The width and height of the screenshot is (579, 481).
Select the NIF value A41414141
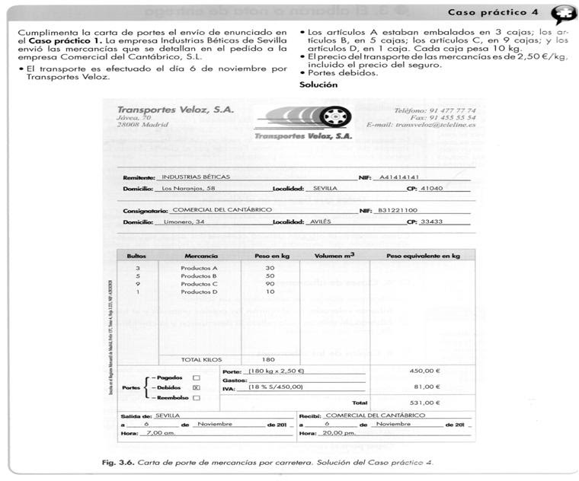point(399,176)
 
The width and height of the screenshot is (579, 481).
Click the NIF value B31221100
point(398,209)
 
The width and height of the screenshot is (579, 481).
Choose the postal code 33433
point(432,221)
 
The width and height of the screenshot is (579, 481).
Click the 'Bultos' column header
point(137,256)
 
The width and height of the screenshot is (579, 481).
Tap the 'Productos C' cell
point(199,284)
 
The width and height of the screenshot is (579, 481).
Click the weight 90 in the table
point(270,284)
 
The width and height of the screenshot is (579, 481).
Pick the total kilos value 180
point(270,358)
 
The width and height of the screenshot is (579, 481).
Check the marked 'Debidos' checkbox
point(196,387)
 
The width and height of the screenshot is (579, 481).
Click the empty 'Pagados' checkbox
point(196,377)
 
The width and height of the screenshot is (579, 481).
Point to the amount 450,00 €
point(425,371)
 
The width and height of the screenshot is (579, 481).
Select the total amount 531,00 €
point(425,402)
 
